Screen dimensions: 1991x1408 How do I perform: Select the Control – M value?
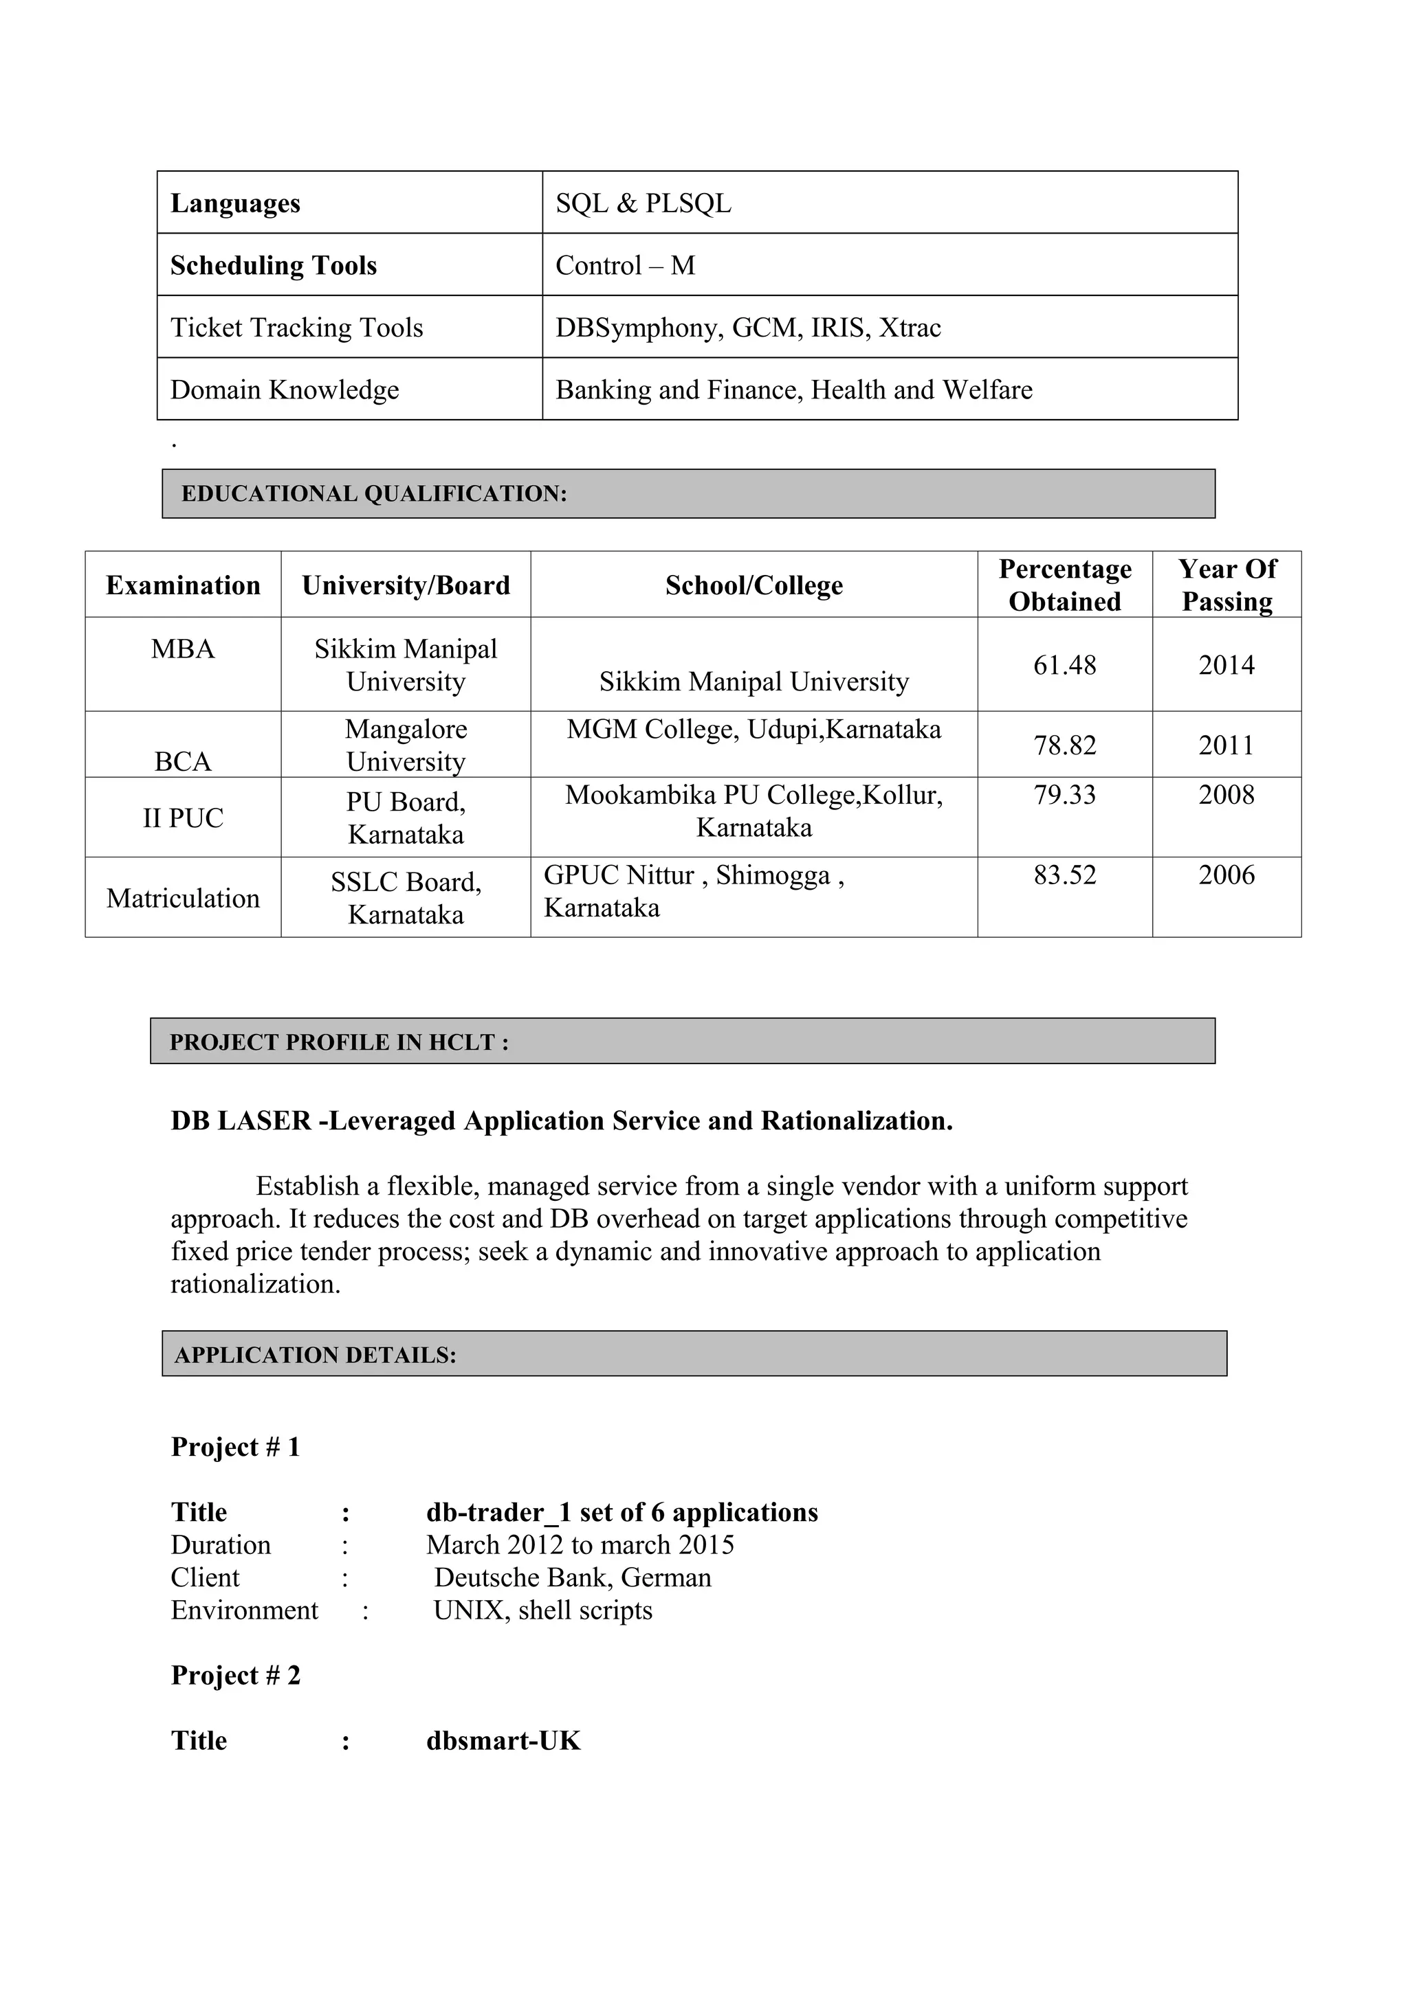pos(625,265)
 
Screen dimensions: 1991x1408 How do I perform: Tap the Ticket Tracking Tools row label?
pos(297,328)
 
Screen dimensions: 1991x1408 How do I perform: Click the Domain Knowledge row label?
pos(285,390)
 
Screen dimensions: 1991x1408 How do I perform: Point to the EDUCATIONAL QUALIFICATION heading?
pos(374,494)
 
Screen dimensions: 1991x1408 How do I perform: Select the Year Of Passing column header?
pos(1226,585)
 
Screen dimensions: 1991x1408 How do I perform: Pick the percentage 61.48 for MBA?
pos(1064,665)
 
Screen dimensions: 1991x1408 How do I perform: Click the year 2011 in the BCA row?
pos(1226,745)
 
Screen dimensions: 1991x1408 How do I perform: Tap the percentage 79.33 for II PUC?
pos(1064,795)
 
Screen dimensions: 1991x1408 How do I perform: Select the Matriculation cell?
pos(183,899)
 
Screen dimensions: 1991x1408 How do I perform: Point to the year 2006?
pos(1226,875)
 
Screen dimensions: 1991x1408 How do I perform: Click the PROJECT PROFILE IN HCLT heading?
pos(338,1042)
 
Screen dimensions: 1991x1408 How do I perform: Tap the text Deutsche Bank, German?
pos(573,1577)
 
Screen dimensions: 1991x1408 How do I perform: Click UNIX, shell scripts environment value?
pos(543,1610)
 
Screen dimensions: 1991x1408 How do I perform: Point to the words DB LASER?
pos(241,1121)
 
